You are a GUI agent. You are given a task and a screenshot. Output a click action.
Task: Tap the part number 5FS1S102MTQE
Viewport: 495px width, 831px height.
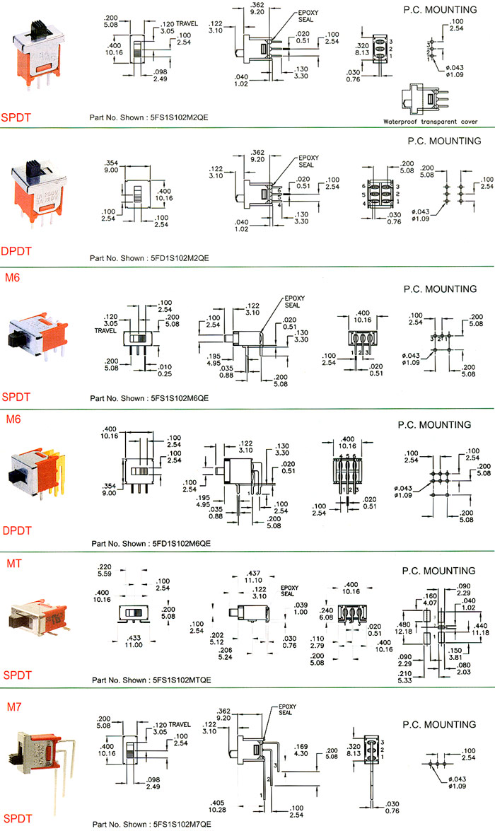(x=182, y=680)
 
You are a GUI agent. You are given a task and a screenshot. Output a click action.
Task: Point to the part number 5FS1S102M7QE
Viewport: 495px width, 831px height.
(x=181, y=824)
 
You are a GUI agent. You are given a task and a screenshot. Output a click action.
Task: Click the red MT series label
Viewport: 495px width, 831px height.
(x=13, y=562)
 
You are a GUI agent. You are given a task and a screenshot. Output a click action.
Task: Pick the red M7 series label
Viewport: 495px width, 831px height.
(x=13, y=706)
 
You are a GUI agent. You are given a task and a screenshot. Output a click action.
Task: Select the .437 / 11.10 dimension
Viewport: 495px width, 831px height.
(x=252, y=576)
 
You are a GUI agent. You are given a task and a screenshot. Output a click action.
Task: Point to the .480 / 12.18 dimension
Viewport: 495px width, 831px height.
(x=404, y=627)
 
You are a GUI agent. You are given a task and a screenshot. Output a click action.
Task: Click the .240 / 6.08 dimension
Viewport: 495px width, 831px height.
(x=327, y=614)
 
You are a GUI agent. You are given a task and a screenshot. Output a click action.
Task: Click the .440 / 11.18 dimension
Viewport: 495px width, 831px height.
(x=481, y=627)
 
